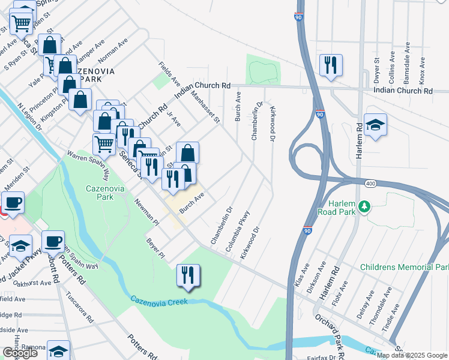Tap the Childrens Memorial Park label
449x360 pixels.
point(403,266)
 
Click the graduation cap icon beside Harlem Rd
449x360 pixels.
point(375,125)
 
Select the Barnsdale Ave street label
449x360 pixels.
point(407,62)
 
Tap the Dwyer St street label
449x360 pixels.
point(377,70)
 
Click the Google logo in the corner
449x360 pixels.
point(20,353)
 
